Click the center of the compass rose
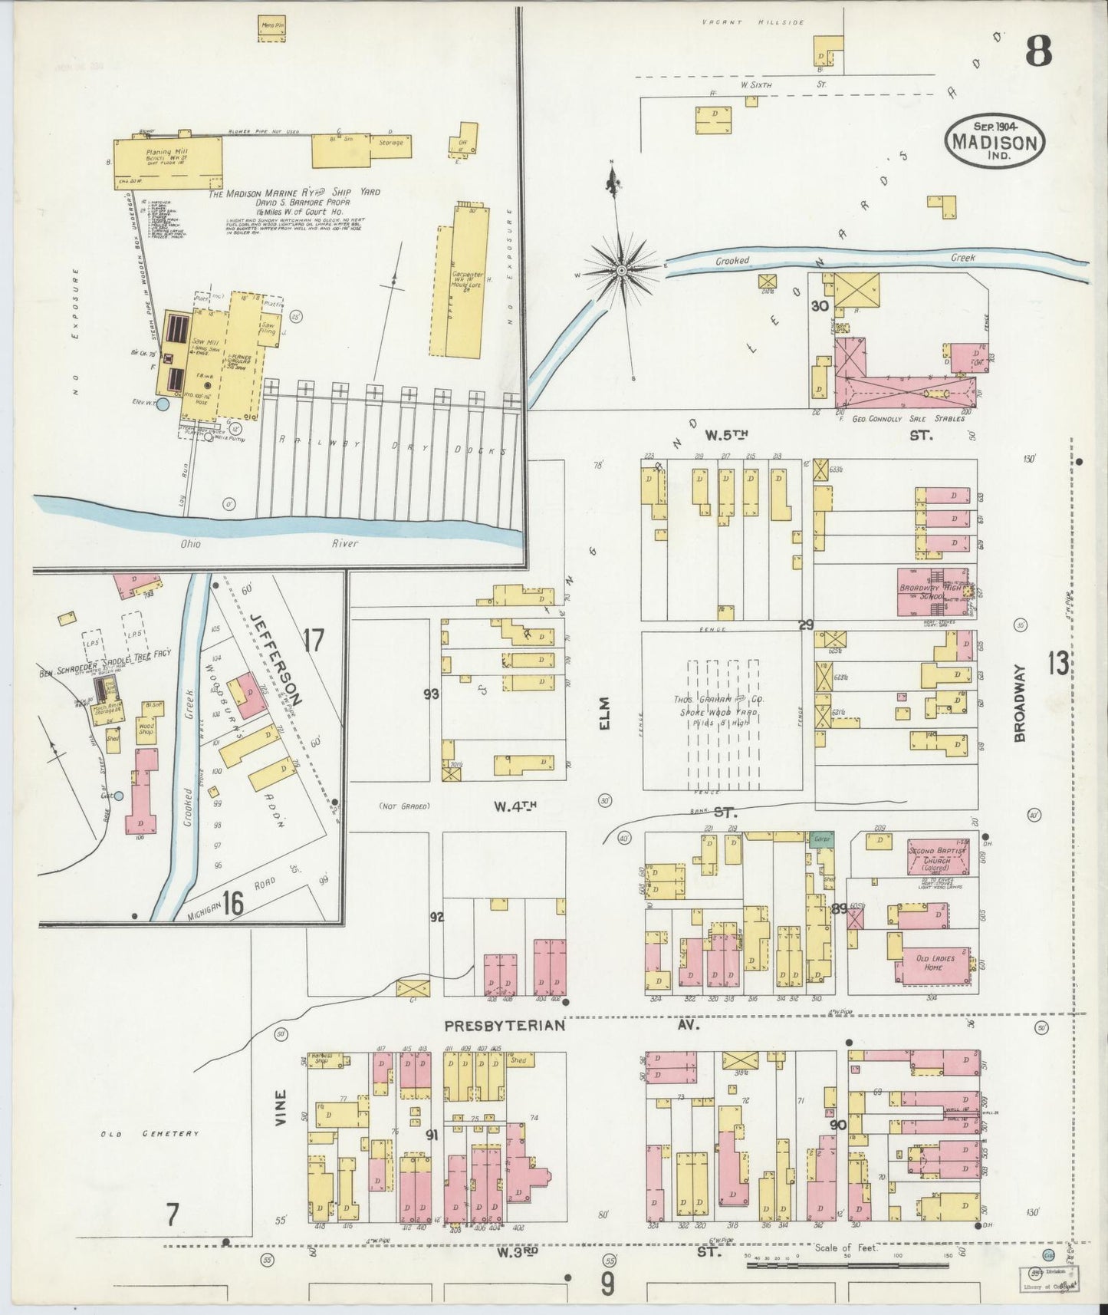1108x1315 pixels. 621,271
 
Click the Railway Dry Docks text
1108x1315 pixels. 392,446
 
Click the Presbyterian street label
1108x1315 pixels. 505,1025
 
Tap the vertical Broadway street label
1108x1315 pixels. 1020,714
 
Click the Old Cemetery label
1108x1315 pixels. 150,1133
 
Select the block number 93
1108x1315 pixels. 431,694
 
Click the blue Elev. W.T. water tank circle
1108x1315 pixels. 161,404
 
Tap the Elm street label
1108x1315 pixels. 603,713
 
